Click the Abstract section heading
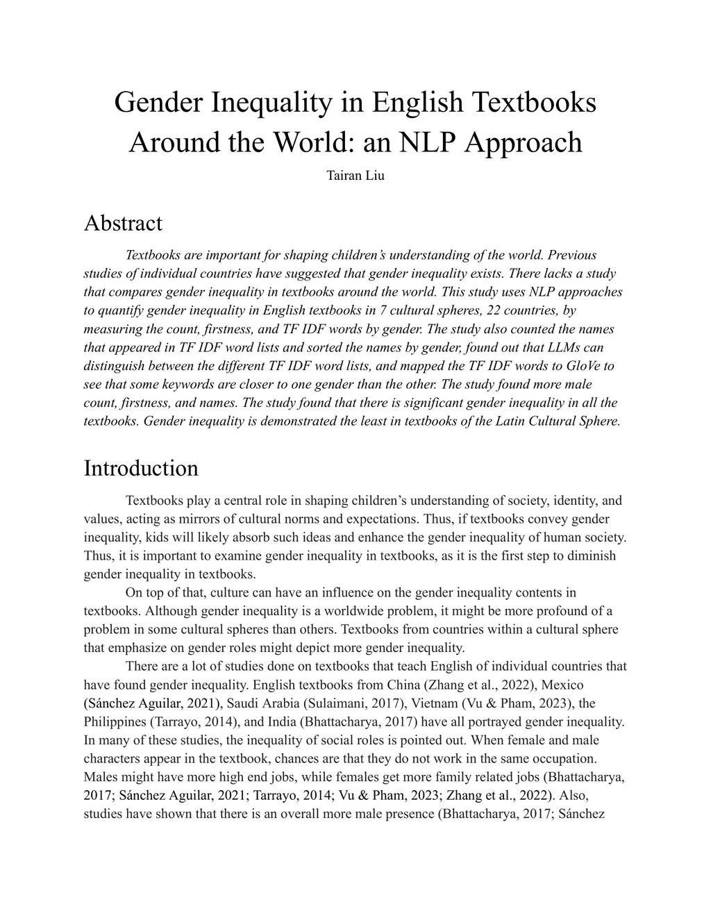[x=123, y=223]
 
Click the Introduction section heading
[x=141, y=468]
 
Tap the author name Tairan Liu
[x=355, y=175]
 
